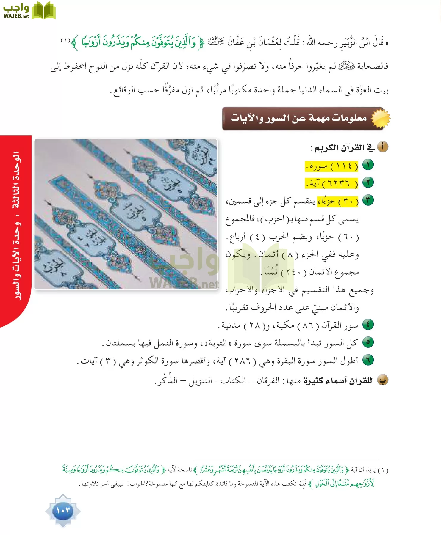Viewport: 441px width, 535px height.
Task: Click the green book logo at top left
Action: (x=43, y=11)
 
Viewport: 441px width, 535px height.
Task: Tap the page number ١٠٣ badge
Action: (x=63, y=511)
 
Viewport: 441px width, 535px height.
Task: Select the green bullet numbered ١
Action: (x=368, y=165)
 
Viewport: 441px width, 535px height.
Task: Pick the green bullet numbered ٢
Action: (x=368, y=182)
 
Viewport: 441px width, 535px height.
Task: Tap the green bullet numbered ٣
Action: (x=368, y=200)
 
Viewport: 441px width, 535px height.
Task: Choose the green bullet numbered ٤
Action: (x=368, y=325)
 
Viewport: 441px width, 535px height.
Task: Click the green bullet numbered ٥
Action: (x=368, y=342)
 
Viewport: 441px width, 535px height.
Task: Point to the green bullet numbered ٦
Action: (x=368, y=360)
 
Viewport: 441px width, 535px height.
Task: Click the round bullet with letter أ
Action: (x=383, y=147)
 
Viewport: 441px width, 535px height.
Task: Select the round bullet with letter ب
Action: (x=383, y=380)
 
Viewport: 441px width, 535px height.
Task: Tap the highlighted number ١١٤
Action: (x=344, y=166)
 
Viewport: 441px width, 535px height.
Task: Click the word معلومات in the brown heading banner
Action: (x=349, y=118)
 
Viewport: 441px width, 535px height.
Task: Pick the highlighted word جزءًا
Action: (x=327, y=202)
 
